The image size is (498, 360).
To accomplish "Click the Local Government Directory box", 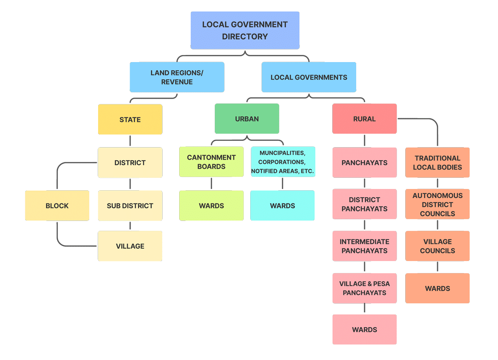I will pyautogui.click(x=245, y=30).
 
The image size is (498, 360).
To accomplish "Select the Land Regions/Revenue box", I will pyautogui.click(x=177, y=77).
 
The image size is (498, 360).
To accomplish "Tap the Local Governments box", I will pyautogui.click(x=309, y=77).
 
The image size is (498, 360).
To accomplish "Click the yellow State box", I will pyautogui.click(x=130, y=120).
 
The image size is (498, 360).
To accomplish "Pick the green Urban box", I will pyautogui.click(x=247, y=119).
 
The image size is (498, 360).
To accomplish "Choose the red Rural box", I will pyautogui.click(x=364, y=119).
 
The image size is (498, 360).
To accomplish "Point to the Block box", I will pyautogui.click(x=57, y=206).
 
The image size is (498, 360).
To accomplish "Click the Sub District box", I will pyautogui.click(x=130, y=206).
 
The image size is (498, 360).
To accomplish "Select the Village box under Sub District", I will pyautogui.click(x=130, y=246).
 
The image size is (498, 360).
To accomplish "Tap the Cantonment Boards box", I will pyautogui.click(x=211, y=162).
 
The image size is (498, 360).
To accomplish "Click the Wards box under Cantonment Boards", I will pyautogui.click(x=211, y=206).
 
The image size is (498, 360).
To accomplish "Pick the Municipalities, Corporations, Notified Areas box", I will pyautogui.click(x=283, y=162).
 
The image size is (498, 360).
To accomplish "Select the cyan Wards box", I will pyautogui.click(x=282, y=206).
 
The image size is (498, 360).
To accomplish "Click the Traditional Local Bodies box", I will pyautogui.click(x=437, y=162).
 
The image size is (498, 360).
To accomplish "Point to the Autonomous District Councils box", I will pyautogui.click(x=437, y=204).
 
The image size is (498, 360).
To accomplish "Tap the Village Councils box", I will pyautogui.click(x=437, y=246).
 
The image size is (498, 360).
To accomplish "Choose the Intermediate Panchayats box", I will pyautogui.click(x=364, y=246).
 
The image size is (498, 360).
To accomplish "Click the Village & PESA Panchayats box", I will pyautogui.click(x=364, y=288).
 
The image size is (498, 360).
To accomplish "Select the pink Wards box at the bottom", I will pyautogui.click(x=364, y=329).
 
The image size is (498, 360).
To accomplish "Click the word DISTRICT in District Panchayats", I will pyautogui.click(x=364, y=200).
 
